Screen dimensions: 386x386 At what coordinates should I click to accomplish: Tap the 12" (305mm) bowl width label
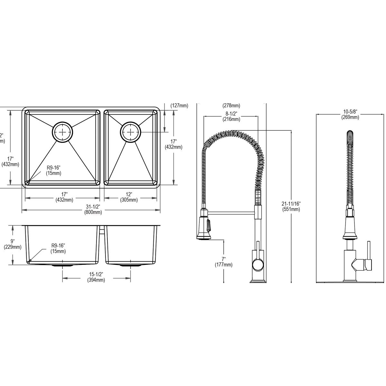tap(129, 197)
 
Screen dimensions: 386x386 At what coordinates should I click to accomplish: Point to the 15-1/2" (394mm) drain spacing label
tap(96, 277)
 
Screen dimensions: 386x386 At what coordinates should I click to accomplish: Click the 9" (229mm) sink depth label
tap(13, 244)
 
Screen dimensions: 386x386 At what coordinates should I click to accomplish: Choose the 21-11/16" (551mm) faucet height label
tap(290, 207)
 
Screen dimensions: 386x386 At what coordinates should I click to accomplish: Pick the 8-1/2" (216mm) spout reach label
tap(231, 116)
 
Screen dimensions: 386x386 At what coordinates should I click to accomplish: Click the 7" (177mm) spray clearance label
tap(224, 262)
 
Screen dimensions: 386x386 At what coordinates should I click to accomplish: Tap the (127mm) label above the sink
tap(179, 106)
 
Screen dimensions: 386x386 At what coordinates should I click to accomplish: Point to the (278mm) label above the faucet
tap(231, 106)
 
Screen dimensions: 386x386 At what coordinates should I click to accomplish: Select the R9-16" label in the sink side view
tap(58, 248)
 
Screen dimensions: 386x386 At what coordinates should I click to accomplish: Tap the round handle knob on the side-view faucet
tap(257, 265)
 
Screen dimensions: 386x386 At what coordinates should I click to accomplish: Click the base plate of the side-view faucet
tap(258, 282)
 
